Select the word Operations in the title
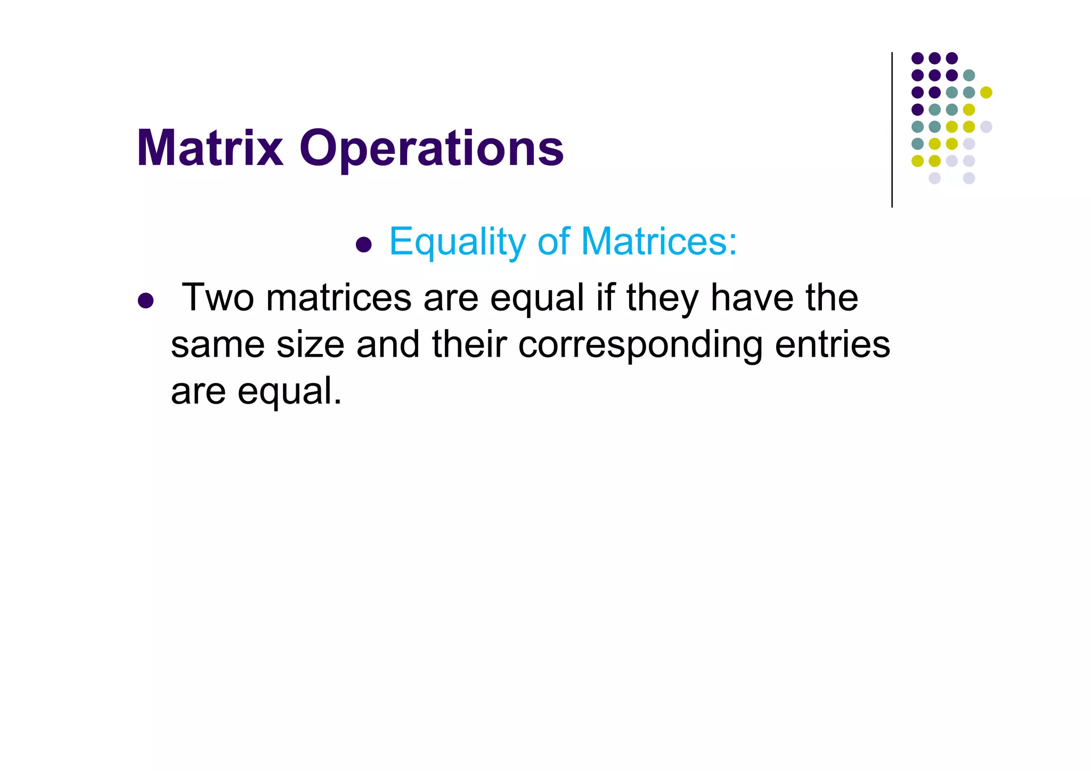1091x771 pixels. [x=431, y=149]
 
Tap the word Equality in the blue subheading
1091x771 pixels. [x=458, y=242]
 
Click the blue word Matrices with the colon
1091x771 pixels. [x=659, y=241]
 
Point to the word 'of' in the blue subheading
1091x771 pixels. [x=553, y=241]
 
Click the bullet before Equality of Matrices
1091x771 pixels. [x=363, y=245]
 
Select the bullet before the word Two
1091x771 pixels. [x=145, y=301]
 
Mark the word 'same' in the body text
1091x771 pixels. [x=217, y=345]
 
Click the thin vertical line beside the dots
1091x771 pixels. [x=892, y=130]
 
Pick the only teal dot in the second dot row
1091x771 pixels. [x=969, y=75]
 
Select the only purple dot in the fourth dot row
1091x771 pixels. [x=917, y=110]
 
